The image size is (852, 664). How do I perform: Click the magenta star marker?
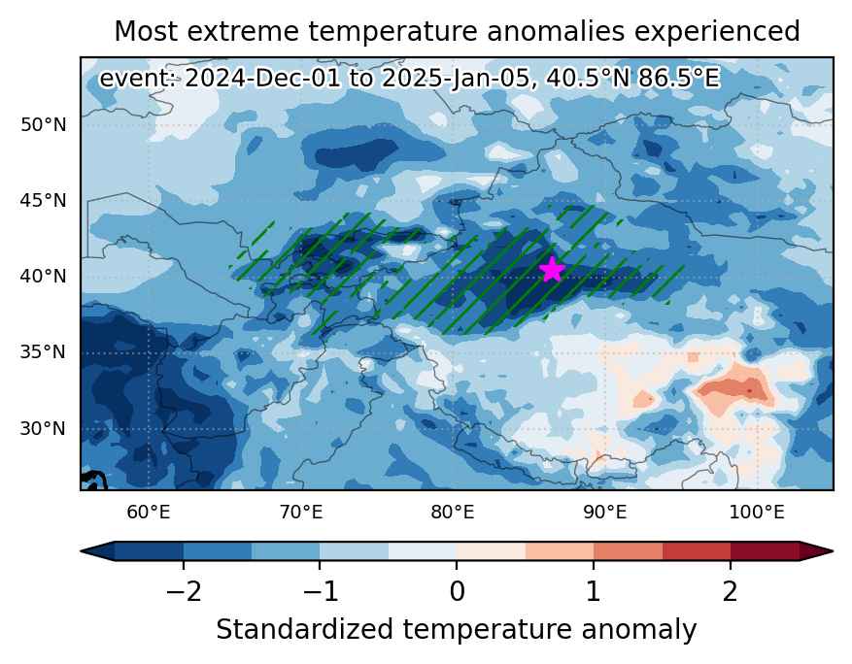coord(552,269)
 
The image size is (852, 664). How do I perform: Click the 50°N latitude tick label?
coord(44,125)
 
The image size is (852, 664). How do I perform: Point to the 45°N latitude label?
coord(44,201)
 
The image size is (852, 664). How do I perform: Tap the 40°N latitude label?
coord(44,277)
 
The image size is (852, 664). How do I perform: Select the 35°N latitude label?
coord(44,352)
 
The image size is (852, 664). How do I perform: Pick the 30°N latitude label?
coord(44,428)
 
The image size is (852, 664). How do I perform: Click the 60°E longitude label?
coord(149,512)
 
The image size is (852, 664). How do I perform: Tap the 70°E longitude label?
coord(300,512)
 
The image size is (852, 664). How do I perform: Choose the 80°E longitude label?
coord(453,512)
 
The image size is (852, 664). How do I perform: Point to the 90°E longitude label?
coord(605,512)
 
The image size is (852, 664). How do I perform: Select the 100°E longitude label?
coord(757,512)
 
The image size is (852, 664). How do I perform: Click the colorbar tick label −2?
coord(184,590)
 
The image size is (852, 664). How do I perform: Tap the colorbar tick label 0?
coord(457,590)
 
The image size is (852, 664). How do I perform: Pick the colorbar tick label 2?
coord(731,590)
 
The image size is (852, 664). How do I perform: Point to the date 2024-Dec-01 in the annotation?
coord(262,79)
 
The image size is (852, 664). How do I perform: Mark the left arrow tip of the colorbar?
coord(81,551)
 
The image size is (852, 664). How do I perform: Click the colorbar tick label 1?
coord(594,590)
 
